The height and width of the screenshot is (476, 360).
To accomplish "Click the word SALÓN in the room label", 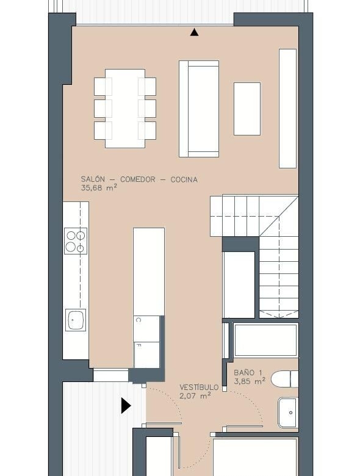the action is [93, 179].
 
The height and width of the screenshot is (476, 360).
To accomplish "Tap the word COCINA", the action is [184, 179].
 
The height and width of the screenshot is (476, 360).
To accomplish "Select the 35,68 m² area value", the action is [99, 188].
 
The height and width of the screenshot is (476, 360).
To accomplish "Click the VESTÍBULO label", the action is [199, 388].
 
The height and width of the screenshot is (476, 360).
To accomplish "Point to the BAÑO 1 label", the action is [248, 372].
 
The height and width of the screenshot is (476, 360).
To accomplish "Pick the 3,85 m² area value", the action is [250, 381].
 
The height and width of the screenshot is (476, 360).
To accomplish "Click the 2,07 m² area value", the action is [195, 396].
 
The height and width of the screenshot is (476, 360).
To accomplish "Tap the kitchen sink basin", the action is [76, 320].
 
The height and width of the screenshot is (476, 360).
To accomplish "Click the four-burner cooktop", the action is [76, 240].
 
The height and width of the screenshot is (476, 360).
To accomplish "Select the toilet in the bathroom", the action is [285, 379].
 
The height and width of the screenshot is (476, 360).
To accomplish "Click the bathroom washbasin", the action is [288, 413].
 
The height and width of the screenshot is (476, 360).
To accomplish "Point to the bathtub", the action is [266, 340].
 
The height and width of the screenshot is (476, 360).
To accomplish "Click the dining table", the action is [125, 109].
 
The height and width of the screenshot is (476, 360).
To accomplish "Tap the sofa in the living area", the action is [199, 109].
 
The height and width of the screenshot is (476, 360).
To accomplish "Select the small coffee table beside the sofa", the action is [247, 109].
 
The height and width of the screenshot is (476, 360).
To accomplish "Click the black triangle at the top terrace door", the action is [194, 32].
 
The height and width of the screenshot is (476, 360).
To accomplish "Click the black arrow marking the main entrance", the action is [126, 406].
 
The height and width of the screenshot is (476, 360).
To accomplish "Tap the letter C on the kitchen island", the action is [138, 320].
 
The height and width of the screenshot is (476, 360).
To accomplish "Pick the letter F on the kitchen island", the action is [138, 345].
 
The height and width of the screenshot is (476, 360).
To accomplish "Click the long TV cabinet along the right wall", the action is [287, 109].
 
